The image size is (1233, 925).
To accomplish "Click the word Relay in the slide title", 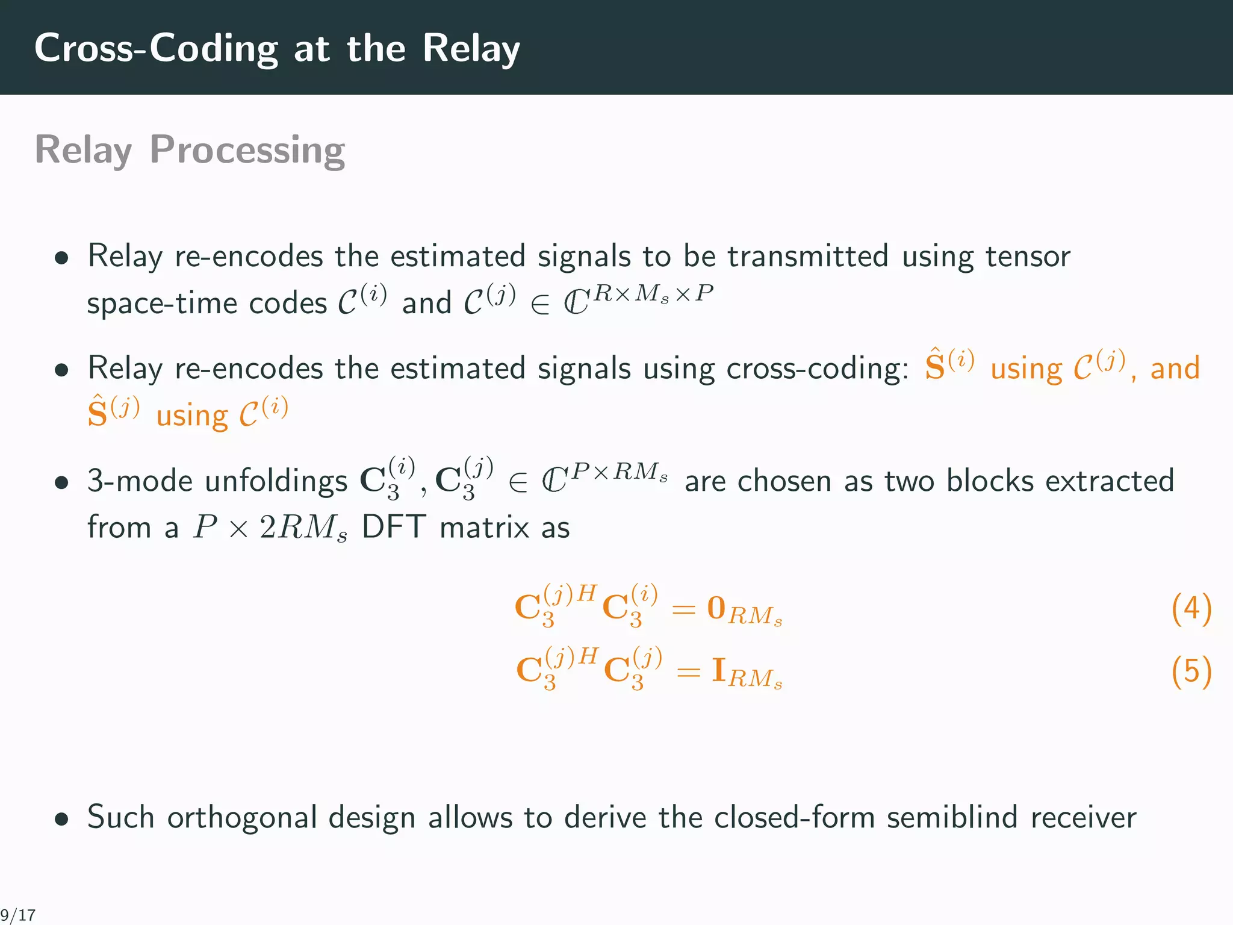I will (x=471, y=48).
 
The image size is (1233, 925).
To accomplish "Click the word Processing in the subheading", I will (x=247, y=151).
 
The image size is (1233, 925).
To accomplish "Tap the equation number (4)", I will (x=1191, y=609).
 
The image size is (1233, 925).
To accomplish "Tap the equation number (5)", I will (x=1191, y=671).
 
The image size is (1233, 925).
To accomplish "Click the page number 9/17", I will (x=18, y=915).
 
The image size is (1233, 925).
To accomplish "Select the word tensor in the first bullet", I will (x=1028, y=257).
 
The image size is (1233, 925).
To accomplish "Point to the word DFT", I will (x=394, y=528).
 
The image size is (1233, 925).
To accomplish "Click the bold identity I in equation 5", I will (x=718, y=670).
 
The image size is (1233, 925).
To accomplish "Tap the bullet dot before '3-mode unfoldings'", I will (x=61, y=482).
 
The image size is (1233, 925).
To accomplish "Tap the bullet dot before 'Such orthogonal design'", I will (x=61, y=819).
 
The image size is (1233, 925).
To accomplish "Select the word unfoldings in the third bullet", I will (x=276, y=482).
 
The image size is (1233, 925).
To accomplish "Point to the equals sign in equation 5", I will (x=688, y=672).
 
